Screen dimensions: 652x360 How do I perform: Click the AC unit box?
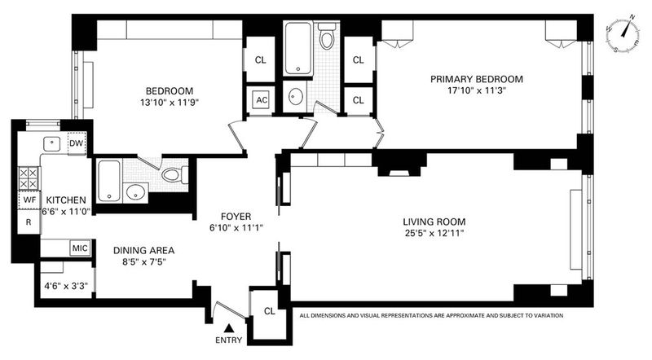(x=261, y=99)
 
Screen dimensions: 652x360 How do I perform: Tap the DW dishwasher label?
(x=77, y=143)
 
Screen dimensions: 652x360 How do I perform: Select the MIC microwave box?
(x=80, y=248)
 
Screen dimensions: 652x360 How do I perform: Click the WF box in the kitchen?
(x=29, y=200)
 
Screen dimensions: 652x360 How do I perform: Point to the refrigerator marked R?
(x=29, y=222)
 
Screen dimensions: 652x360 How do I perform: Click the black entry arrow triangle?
(x=228, y=328)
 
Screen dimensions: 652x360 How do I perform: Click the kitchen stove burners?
(x=29, y=178)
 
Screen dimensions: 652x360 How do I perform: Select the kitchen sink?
(x=52, y=144)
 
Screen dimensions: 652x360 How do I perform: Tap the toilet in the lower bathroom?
(x=174, y=174)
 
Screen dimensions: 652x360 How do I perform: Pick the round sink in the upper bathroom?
(x=295, y=96)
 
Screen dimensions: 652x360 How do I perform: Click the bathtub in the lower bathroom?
(x=109, y=181)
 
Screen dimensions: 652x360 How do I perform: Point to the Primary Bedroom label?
(x=477, y=79)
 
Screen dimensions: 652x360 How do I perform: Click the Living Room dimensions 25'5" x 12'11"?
(x=434, y=233)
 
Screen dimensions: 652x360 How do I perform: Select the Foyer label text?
(x=236, y=217)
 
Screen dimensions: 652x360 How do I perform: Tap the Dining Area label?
(x=144, y=250)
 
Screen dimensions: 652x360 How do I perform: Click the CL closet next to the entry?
(x=270, y=311)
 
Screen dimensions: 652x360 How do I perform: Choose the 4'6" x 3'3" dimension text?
(x=66, y=286)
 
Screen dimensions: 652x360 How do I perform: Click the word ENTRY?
(x=228, y=340)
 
